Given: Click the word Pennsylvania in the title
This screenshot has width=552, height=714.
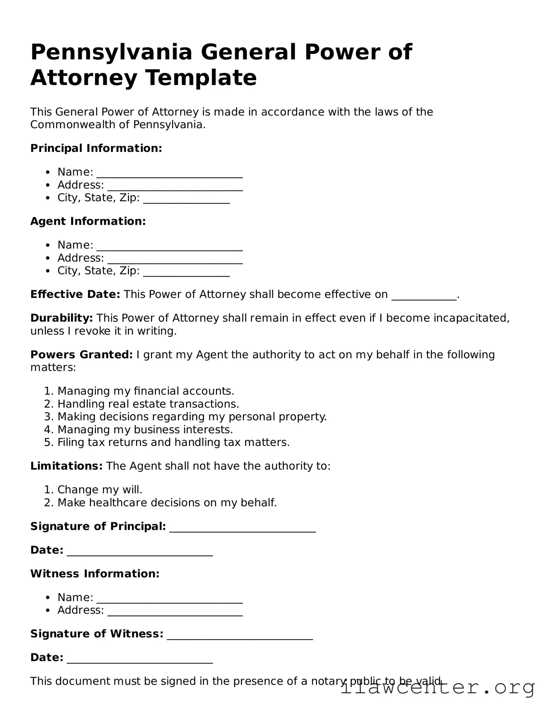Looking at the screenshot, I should point(112,52).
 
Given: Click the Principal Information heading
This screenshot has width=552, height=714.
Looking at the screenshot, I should point(96,148).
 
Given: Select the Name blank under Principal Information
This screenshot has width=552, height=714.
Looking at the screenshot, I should point(169,173).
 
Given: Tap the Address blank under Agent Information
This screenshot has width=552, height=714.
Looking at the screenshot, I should point(175,259).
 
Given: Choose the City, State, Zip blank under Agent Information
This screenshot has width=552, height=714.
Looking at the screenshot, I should point(186,272).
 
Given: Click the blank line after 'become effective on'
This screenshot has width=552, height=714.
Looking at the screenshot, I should point(424,295).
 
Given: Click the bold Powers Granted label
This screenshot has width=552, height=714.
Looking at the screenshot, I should point(81,354).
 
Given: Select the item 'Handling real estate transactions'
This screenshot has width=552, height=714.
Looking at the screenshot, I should point(148,404).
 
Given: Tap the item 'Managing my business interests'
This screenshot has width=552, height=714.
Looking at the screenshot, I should point(145,429).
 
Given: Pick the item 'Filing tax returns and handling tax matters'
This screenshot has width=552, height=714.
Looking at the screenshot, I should point(173,442).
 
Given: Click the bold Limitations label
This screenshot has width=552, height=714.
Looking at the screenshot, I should point(66,466).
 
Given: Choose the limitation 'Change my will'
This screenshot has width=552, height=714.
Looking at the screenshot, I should point(100,490).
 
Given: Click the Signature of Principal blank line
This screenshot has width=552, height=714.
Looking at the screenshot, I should point(243,528).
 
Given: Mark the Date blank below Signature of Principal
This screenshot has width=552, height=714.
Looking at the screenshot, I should point(140,551).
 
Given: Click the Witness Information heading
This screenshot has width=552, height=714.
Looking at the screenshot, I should point(95,573).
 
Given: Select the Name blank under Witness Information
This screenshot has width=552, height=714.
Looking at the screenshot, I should point(169,599).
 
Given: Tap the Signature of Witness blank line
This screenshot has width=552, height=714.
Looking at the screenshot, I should point(240,635).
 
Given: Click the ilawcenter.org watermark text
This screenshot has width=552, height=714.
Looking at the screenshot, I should point(437,688).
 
